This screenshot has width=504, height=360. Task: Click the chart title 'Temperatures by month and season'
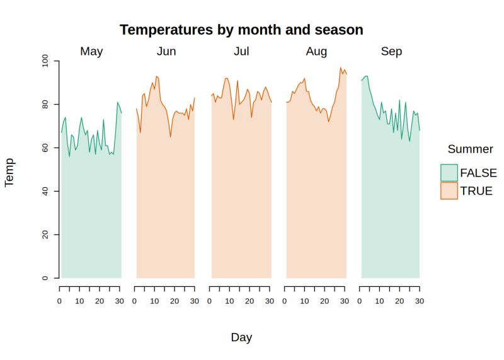(241, 30)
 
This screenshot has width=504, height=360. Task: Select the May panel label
(91, 52)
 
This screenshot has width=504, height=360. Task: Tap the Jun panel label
(166, 52)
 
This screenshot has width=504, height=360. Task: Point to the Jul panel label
(241, 52)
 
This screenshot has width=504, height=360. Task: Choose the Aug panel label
(316, 52)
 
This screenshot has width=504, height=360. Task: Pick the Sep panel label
(391, 52)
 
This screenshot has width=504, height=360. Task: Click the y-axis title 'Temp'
(9, 171)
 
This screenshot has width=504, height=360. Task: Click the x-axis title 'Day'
(241, 337)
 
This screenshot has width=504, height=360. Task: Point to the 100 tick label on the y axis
(45, 61)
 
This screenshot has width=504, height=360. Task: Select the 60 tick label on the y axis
(45, 148)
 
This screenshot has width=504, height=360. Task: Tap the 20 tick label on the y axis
(45, 235)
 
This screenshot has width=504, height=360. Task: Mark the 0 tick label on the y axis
(45, 278)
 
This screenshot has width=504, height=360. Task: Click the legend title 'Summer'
(470, 149)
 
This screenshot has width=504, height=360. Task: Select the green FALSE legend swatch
(449, 173)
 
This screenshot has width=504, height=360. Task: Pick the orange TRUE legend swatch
(449, 190)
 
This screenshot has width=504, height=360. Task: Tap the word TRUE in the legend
(476, 190)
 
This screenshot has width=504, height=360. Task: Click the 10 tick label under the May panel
(79, 301)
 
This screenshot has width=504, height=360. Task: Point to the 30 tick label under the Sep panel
(419, 301)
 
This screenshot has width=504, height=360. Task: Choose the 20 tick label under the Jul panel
(249, 301)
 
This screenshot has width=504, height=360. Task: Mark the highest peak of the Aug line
(341, 68)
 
